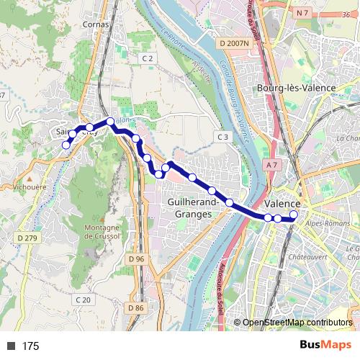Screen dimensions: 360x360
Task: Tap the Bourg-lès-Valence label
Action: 297,87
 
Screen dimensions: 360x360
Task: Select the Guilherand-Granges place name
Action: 189,208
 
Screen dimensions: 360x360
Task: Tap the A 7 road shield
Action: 271,165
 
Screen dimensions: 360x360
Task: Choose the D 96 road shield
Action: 136,258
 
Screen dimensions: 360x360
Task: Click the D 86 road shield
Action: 136,308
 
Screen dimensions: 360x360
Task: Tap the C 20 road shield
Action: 84,300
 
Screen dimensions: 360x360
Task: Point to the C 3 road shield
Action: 223,137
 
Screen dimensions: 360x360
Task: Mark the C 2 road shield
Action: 148,58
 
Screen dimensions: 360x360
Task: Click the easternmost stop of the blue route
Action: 294,217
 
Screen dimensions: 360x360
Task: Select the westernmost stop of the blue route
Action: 66,145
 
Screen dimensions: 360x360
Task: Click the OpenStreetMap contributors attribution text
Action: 297,322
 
